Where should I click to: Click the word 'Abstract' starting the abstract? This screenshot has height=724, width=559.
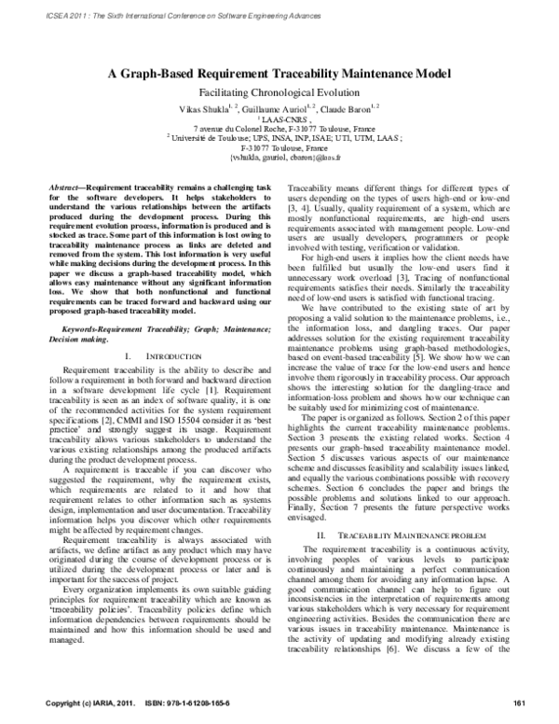click(x=65, y=188)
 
